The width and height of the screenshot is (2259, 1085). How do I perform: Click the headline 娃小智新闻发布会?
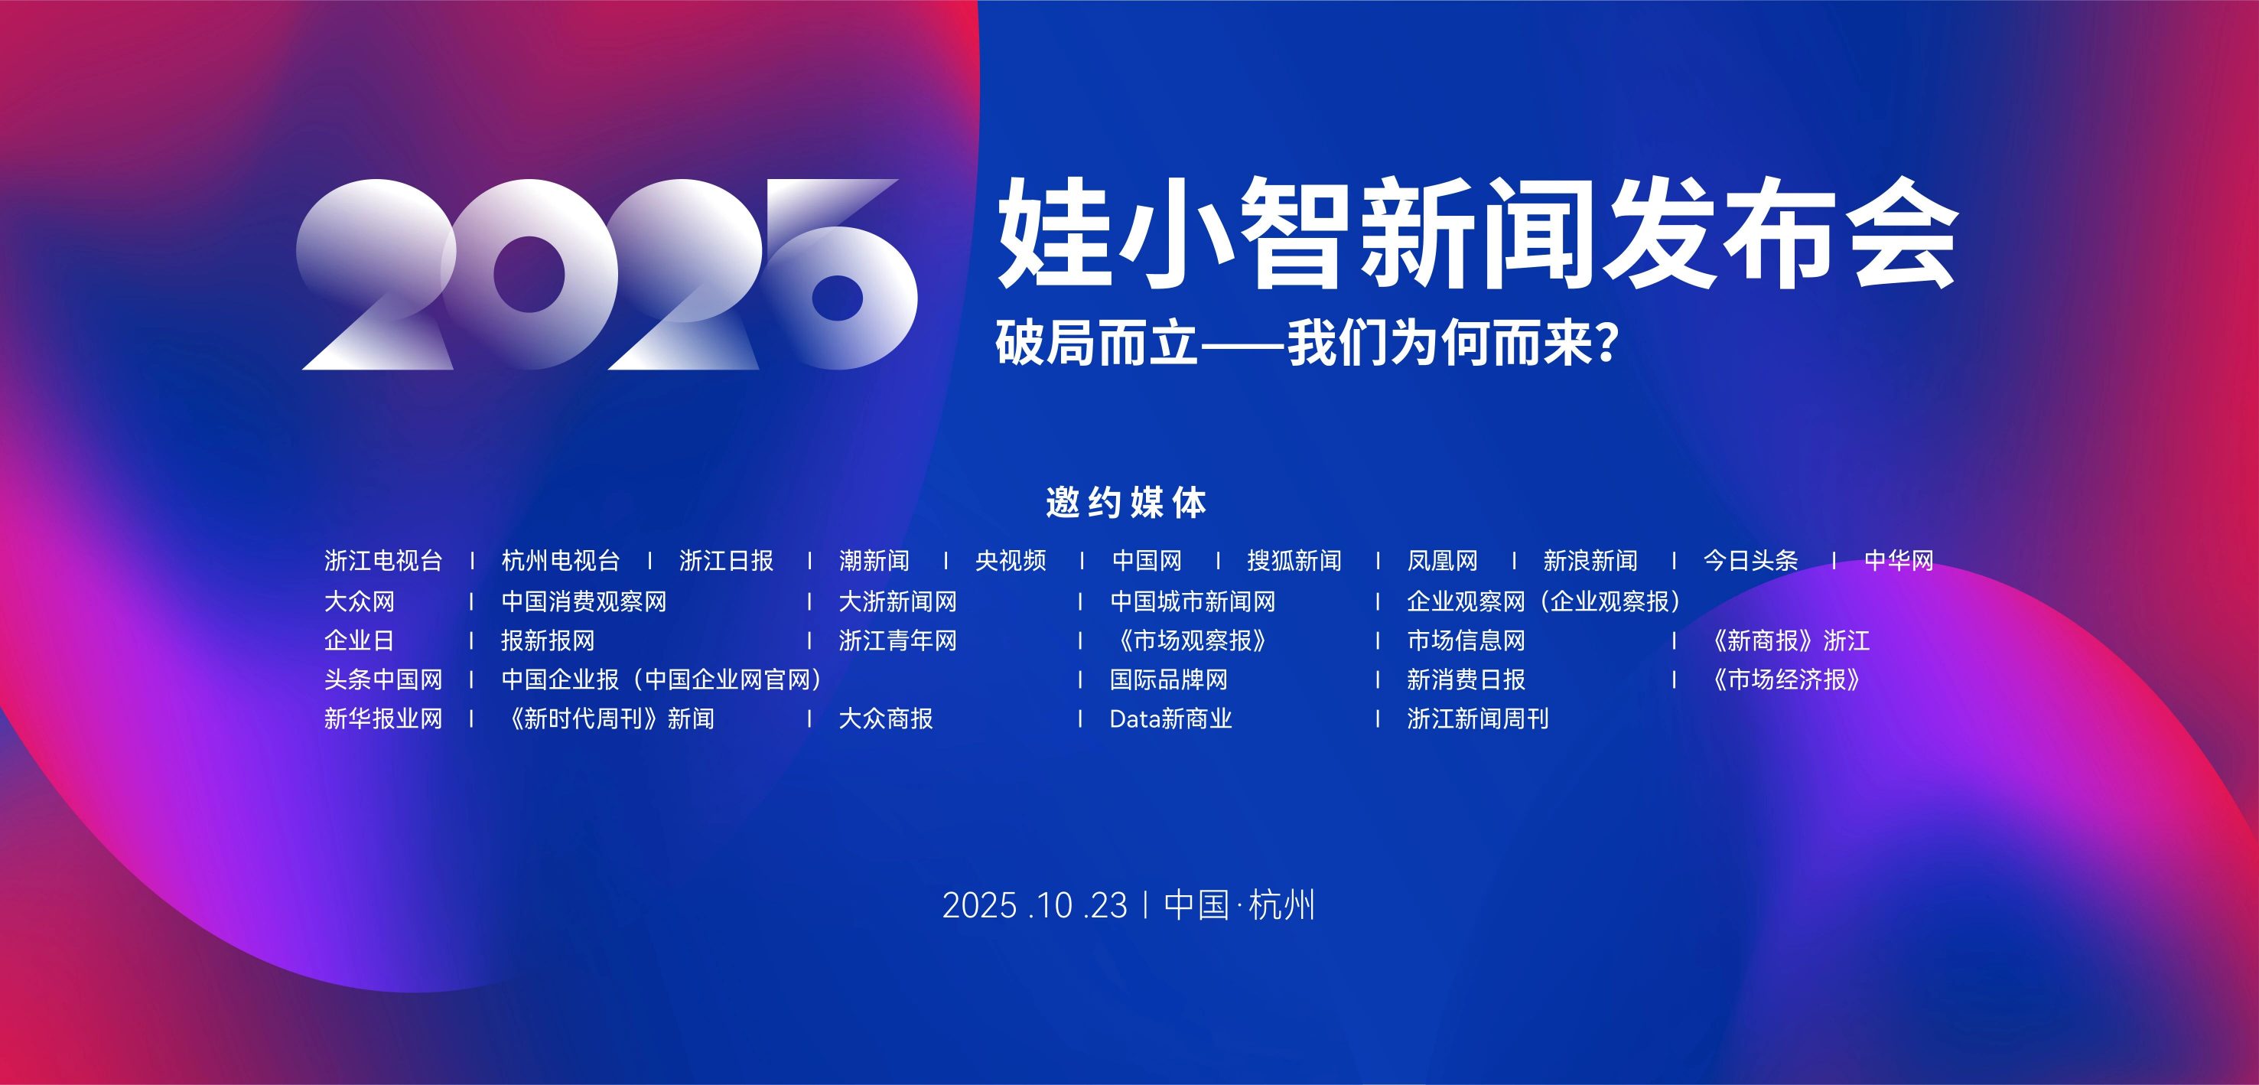[1479, 233]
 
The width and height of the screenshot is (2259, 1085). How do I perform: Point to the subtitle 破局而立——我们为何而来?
[1306, 343]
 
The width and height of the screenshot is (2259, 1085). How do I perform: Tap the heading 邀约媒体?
[1127, 503]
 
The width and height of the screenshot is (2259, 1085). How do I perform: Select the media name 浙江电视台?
[383, 560]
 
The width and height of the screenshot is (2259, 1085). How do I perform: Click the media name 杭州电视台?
[561, 560]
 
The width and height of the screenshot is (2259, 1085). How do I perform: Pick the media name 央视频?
[1011, 560]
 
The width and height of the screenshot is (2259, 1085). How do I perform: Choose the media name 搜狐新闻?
[1294, 560]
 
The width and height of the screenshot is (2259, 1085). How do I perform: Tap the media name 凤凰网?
[1443, 560]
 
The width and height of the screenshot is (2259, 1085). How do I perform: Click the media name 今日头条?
[1750, 560]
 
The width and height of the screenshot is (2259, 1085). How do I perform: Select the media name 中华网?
[1899, 560]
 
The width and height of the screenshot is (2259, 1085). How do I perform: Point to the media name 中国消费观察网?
[584, 601]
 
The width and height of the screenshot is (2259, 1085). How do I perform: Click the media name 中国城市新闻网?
[1193, 601]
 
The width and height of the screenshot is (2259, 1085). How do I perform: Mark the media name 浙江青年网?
[897, 641]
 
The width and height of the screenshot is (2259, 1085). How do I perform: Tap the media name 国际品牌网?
[1169, 679]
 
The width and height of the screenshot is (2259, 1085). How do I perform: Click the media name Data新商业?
[1170, 719]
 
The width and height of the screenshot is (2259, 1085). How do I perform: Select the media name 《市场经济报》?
[1785, 679]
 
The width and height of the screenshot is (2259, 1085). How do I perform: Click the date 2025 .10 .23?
[1035, 906]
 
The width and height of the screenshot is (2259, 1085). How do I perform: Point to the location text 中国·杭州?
[1239, 906]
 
